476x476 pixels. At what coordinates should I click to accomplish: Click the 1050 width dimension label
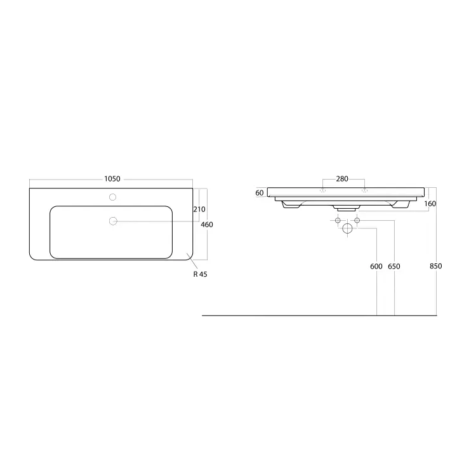point(112,179)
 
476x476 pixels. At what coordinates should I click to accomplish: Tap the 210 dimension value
point(199,209)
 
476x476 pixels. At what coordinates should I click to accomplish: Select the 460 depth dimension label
point(207,225)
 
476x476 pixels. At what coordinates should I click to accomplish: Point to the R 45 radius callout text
point(200,274)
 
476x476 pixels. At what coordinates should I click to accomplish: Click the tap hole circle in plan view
point(112,197)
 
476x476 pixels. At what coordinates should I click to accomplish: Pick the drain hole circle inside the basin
point(113,221)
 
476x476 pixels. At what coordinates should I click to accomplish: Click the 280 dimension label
point(342,179)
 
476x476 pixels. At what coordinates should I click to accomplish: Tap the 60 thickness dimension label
point(259,193)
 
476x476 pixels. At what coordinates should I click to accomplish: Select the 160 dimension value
point(430,203)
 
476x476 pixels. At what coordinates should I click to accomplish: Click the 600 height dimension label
point(376,266)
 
